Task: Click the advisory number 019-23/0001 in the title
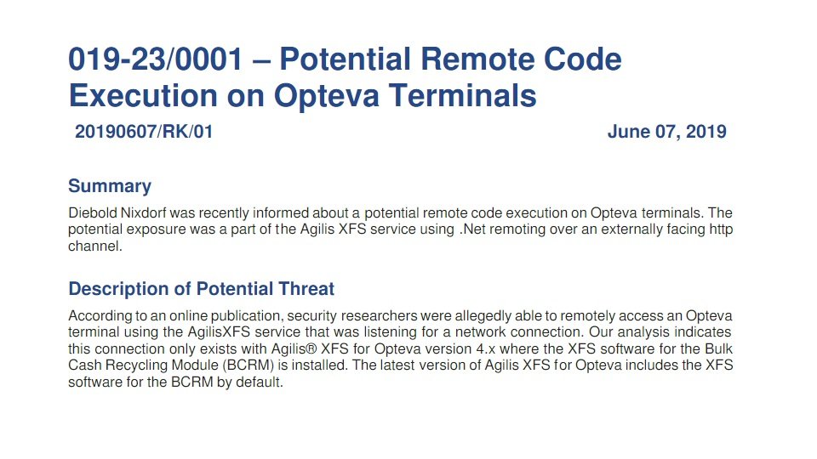point(156,59)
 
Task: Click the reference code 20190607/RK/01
point(144,132)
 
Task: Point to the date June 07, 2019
point(667,132)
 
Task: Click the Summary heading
point(110,186)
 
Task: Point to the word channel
point(94,246)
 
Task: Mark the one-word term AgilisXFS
point(220,332)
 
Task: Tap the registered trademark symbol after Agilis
point(311,348)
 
